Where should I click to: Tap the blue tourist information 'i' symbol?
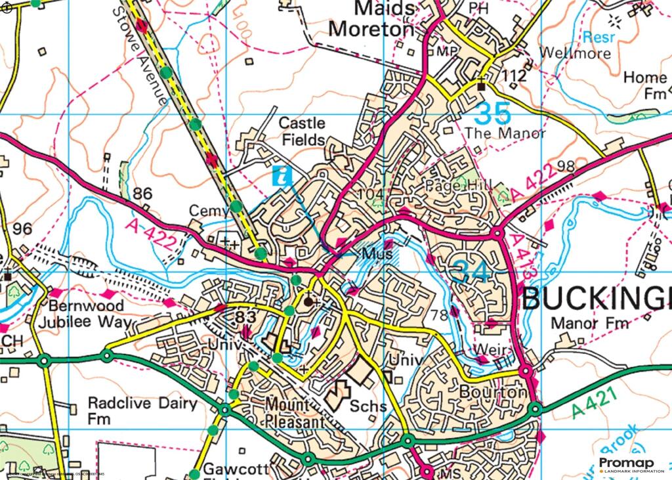tap(282, 175)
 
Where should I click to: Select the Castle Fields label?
tap(303, 131)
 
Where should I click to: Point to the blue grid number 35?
tap(492, 114)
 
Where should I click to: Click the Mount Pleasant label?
tap(295, 412)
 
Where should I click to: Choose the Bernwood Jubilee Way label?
tap(84, 315)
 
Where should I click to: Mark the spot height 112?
tap(513, 76)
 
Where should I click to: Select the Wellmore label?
tap(575, 53)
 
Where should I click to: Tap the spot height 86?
tap(142, 193)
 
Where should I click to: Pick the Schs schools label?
tap(368, 406)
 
